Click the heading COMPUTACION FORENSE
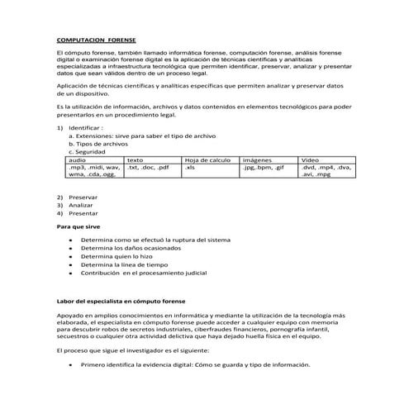pyautogui.click(x=97, y=39)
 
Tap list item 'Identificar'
pyautogui.click(x=86, y=128)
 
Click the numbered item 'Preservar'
pyautogui.click(x=83, y=197)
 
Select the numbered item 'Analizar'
pyautogui.click(x=82, y=205)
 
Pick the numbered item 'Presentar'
pyautogui.click(x=83, y=213)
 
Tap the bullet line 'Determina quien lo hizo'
pyautogui.click(x=117, y=256)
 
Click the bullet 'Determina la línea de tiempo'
pyautogui.click(x=124, y=264)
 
